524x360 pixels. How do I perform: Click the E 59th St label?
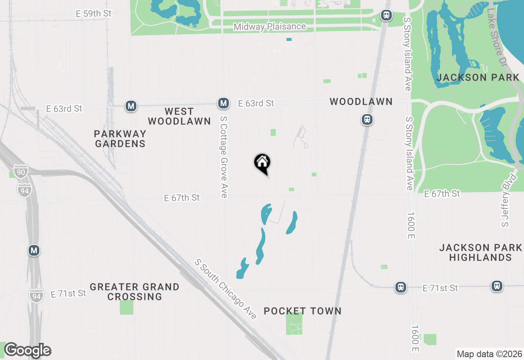click(94, 13)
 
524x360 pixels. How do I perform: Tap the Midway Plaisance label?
click(269, 27)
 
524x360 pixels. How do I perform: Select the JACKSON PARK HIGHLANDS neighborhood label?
click(481, 252)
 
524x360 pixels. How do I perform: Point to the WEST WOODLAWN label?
click(179, 116)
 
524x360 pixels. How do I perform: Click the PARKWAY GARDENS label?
click(120, 139)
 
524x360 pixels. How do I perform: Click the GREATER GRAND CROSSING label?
click(135, 292)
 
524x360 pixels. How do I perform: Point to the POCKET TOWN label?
click(303, 311)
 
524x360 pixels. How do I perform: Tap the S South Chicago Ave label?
click(226, 289)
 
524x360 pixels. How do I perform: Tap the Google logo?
click(27, 351)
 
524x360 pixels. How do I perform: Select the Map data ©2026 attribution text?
click(489, 354)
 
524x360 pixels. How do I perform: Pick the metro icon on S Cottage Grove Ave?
click(224, 103)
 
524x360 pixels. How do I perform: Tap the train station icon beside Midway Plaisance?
click(386, 16)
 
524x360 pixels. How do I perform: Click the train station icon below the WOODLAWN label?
click(367, 119)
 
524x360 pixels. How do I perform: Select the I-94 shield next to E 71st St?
click(36, 295)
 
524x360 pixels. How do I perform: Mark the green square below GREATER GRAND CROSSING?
click(126, 307)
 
